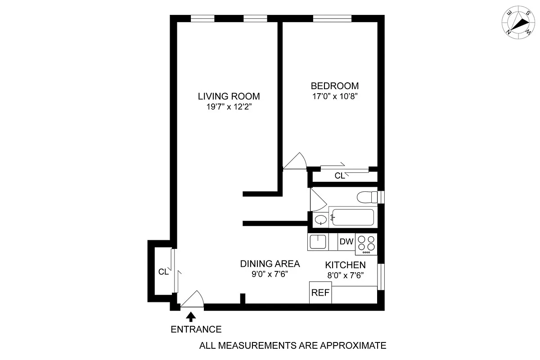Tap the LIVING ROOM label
pyautogui.click(x=229, y=96)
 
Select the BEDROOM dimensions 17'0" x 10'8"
pyautogui.click(x=335, y=96)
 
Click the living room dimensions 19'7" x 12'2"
pyautogui.click(x=229, y=107)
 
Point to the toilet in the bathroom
pyautogui.click(x=367, y=197)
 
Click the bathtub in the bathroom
pyautogui.click(x=352, y=218)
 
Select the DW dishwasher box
pyautogui.click(x=346, y=242)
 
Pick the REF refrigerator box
pyautogui.click(x=320, y=292)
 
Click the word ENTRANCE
pyautogui.click(x=196, y=329)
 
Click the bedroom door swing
pyautogui.click(x=296, y=162)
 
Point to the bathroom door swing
pyautogui.click(x=319, y=198)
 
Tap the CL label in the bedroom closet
pyautogui.click(x=340, y=176)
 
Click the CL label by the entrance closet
pyautogui.click(x=163, y=272)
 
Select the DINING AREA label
pyautogui.click(x=270, y=264)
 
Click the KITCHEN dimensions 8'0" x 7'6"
pyautogui.click(x=345, y=275)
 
